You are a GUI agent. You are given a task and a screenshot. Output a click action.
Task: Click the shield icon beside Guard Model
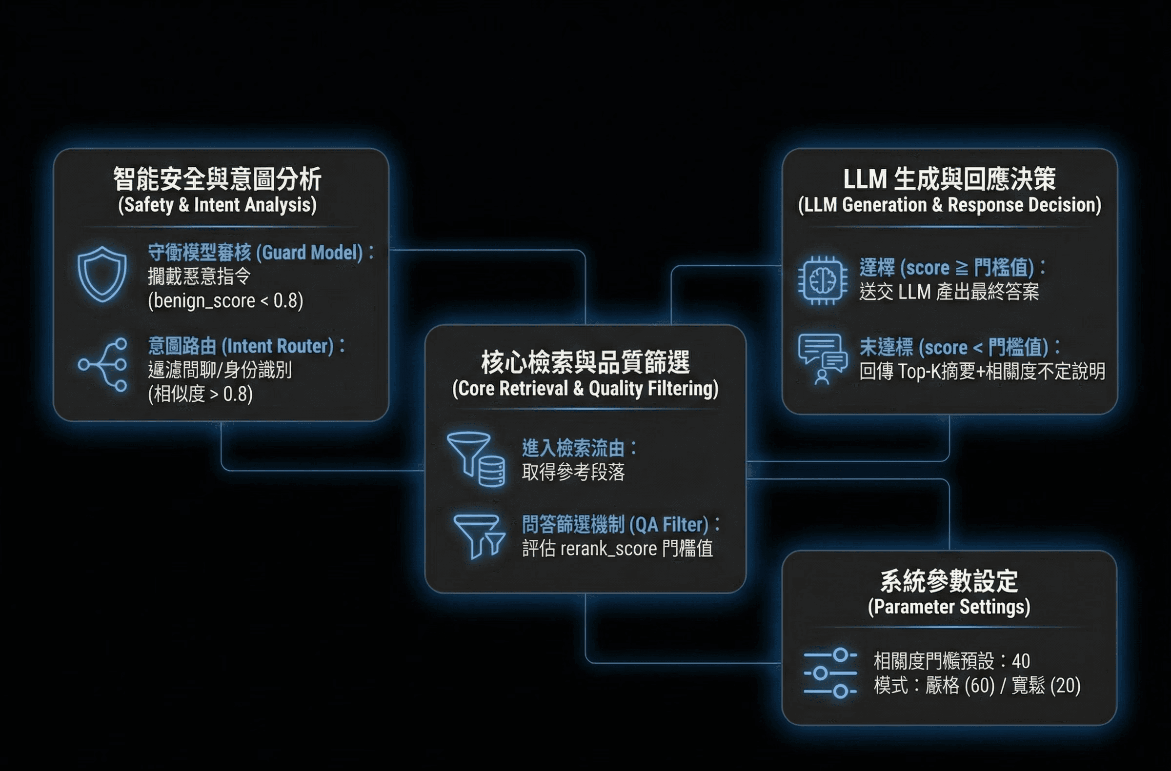pyautogui.click(x=102, y=274)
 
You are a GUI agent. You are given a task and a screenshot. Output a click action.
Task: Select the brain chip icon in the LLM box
pyautogui.click(x=822, y=280)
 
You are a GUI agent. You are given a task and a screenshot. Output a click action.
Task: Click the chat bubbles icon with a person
pyautogui.click(x=822, y=358)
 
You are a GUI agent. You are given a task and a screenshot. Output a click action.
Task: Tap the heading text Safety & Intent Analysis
pyautogui.click(x=218, y=205)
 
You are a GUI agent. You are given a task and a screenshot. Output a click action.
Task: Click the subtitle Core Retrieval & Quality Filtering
pyautogui.click(x=585, y=389)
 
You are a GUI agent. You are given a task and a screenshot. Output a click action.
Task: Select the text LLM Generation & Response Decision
pyautogui.click(x=949, y=205)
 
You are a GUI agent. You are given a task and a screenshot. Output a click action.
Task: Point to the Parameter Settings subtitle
pyautogui.click(x=949, y=607)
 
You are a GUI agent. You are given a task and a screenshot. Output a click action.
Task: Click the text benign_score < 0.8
pyautogui.click(x=226, y=300)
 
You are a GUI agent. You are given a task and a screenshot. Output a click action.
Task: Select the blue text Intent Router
pyautogui.click(x=278, y=346)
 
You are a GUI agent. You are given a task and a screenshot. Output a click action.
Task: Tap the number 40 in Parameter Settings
pyautogui.click(x=1021, y=661)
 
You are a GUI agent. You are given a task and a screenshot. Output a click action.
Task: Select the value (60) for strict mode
pyautogui.click(x=980, y=686)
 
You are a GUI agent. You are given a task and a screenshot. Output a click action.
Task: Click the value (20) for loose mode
pyautogui.click(x=1065, y=686)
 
